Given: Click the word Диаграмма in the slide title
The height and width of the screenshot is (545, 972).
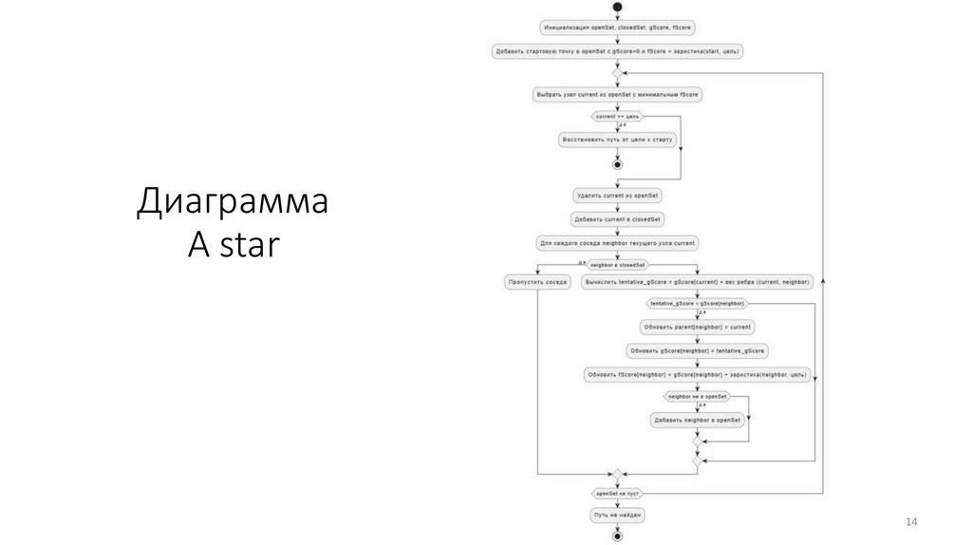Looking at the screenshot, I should (x=233, y=203).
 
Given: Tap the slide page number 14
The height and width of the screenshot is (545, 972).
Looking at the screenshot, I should (x=912, y=522).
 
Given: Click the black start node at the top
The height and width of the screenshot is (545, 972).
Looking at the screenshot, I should (x=617, y=8).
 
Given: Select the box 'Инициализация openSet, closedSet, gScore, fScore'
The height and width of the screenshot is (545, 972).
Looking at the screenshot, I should (x=617, y=28).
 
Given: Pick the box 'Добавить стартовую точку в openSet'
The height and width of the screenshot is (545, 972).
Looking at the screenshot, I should (x=617, y=51).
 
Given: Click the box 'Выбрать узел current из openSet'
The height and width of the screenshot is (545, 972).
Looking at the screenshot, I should (x=617, y=95).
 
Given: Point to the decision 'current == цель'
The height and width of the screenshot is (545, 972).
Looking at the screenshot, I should (x=617, y=117).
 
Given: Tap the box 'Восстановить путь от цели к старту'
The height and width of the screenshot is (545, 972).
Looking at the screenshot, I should (x=617, y=140).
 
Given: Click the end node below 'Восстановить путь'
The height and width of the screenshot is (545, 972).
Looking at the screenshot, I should (x=617, y=163).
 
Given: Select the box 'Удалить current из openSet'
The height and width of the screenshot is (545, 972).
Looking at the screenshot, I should (x=617, y=196).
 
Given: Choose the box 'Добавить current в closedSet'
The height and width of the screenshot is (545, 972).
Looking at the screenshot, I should (x=617, y=219).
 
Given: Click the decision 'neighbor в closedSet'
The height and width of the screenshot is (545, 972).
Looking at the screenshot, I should (x=617, y=264).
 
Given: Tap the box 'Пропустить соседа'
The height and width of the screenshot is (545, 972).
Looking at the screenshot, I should (x=537, y=282).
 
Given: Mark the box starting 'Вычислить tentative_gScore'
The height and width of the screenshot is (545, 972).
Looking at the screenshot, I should (x=697, y=282).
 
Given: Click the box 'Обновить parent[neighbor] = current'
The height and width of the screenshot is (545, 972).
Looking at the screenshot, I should (x=697, y=327).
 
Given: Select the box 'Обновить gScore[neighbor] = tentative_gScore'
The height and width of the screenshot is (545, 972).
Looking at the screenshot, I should (x=697, y=350).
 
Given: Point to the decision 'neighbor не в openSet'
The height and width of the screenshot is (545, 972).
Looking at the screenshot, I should (x=697, y=396).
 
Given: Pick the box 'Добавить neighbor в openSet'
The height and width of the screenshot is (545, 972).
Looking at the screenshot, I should (x=697, y=419).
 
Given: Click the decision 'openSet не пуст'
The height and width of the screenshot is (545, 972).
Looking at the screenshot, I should (x=617, y=494).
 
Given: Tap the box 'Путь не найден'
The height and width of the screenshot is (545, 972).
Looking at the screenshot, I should (x=617, y=515).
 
